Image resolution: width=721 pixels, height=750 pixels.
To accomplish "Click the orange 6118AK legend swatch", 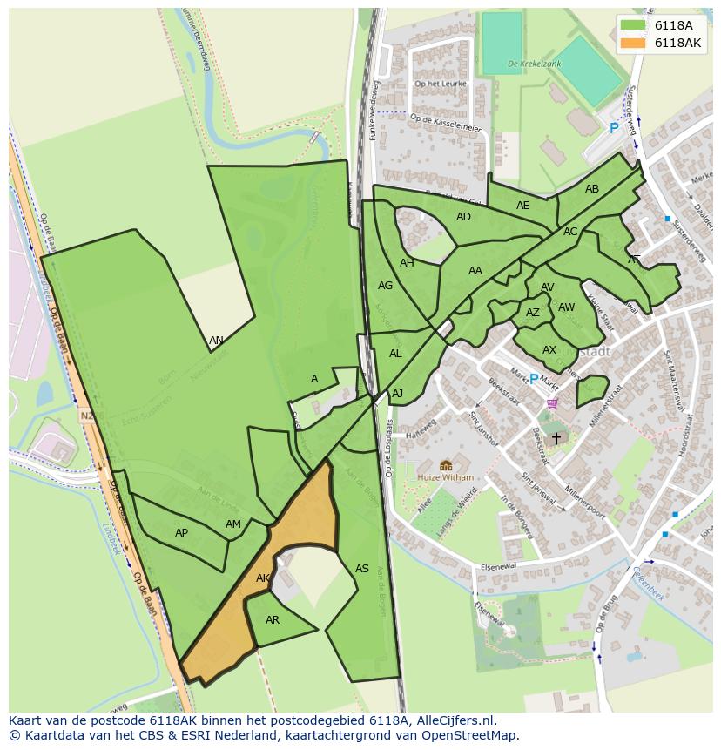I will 633,43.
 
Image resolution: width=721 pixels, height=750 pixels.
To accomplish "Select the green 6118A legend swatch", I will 633,25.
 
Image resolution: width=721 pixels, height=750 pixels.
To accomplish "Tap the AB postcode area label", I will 592,189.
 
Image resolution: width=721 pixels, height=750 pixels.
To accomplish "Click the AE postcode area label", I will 522,206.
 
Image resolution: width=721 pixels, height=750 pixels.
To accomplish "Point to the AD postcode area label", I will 463,217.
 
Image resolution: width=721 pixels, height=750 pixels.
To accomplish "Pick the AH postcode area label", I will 407,263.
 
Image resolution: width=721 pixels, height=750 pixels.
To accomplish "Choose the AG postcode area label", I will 386,286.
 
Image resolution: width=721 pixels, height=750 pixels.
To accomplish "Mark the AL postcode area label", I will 395,354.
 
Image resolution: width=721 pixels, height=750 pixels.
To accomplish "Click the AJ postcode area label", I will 398,394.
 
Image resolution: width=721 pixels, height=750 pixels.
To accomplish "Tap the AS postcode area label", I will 362,569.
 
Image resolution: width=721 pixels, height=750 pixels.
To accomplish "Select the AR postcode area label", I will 273,620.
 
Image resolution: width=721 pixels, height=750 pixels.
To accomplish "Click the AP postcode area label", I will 181,533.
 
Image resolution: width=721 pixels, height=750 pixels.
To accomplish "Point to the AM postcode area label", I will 232,524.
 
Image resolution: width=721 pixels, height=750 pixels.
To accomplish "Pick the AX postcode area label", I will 549,350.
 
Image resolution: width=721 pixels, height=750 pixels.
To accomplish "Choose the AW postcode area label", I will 566,307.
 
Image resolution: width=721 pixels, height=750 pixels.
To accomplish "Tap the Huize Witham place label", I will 445,477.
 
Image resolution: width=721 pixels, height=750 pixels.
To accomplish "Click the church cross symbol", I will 556,438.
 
